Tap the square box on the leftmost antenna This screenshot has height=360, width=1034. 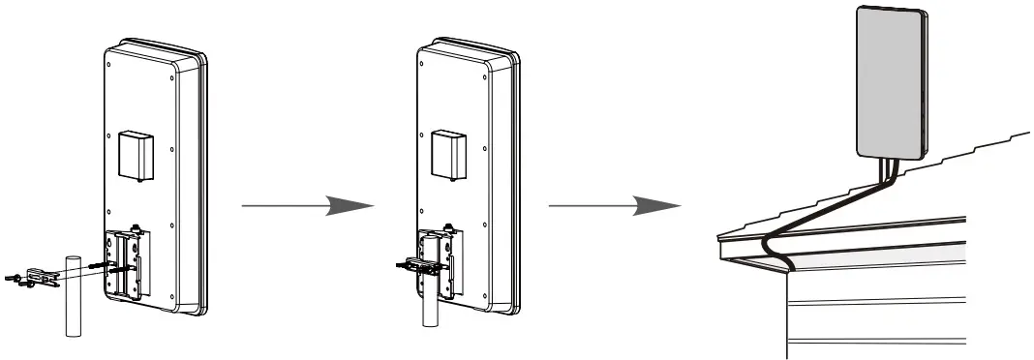point(137,154)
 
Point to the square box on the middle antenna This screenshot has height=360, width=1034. point(450,154)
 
